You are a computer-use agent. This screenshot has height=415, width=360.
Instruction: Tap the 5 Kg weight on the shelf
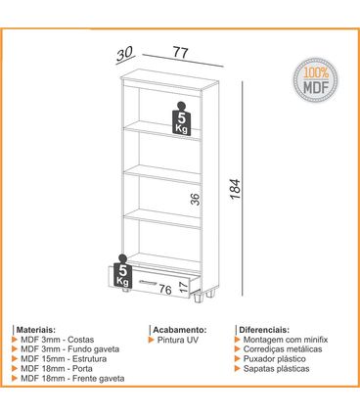[x=181, y=118]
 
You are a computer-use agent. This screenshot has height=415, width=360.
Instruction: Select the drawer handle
[x=153, y=282]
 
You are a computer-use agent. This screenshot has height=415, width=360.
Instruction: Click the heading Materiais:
[x=36, y=331]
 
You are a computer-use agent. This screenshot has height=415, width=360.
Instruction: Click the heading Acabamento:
[x=177, y=331]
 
